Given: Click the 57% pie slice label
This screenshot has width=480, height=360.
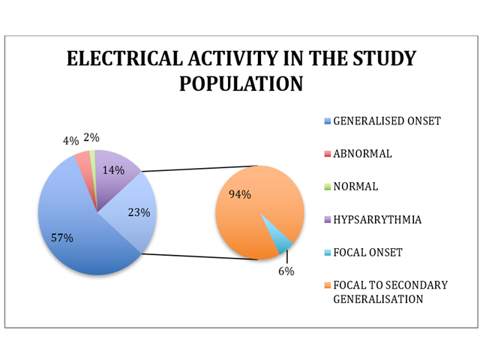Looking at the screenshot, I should pos(62,238).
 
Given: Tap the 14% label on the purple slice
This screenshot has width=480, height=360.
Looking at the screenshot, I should pos(113,170).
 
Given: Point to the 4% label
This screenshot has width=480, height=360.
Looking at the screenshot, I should pos(71,140).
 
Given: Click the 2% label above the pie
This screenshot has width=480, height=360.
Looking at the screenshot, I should pos(91,137).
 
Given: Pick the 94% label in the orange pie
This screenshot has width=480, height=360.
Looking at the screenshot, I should pos(239,194).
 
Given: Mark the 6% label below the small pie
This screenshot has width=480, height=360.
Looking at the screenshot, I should pos(286,271).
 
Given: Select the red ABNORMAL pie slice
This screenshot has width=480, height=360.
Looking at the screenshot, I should pos(83,159).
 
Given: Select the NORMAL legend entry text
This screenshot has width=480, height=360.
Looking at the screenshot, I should pos(355,187).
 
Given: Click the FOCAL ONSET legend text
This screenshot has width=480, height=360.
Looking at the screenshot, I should pos(367,253).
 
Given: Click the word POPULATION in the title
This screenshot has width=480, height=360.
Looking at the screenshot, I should pos(241,84).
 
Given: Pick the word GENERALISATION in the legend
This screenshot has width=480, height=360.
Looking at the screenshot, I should pos(378,298).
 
